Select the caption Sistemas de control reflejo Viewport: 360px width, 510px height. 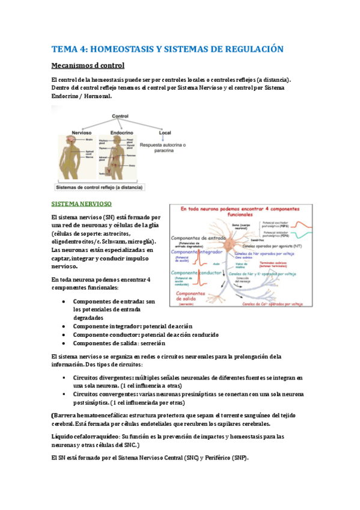103,188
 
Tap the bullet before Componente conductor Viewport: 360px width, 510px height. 64,334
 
